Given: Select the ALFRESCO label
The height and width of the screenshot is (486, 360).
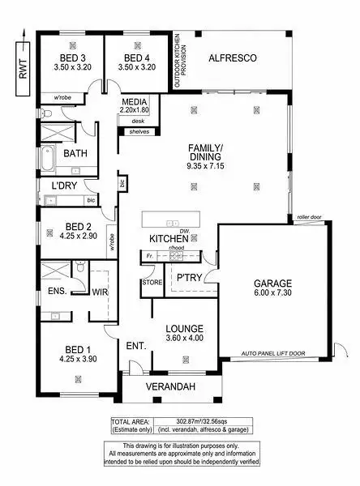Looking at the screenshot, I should (233, 59).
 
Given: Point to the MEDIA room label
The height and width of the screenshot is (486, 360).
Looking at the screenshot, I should (135, 102).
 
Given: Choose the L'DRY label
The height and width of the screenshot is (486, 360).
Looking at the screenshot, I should (55, 185).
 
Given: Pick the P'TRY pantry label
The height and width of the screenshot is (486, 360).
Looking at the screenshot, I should (189, 278).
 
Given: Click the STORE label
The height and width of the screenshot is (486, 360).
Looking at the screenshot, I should (152, 283).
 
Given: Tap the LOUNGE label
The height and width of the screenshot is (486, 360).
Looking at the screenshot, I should (184, 328).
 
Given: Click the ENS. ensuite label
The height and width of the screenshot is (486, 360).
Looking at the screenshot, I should (57, 291).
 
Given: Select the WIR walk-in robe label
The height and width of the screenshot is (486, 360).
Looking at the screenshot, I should (101, 292).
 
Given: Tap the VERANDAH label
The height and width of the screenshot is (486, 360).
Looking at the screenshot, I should (171, 387).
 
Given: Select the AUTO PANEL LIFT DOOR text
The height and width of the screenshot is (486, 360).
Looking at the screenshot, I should (273, 354).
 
